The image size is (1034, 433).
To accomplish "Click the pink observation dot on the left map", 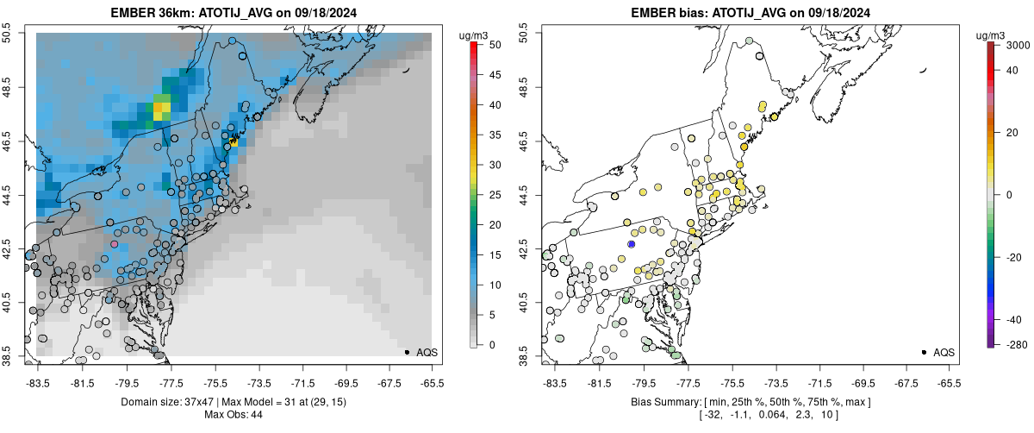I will coord(115,244).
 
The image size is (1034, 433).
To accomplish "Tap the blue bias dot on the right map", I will coord(631,244).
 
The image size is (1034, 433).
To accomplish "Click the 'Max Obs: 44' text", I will coord(234,415).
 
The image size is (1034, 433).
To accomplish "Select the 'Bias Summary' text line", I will coord(751,402).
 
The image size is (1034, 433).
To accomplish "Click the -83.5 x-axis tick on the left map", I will coord(38,381).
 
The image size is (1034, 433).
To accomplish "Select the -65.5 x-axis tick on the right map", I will coord(949,381).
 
